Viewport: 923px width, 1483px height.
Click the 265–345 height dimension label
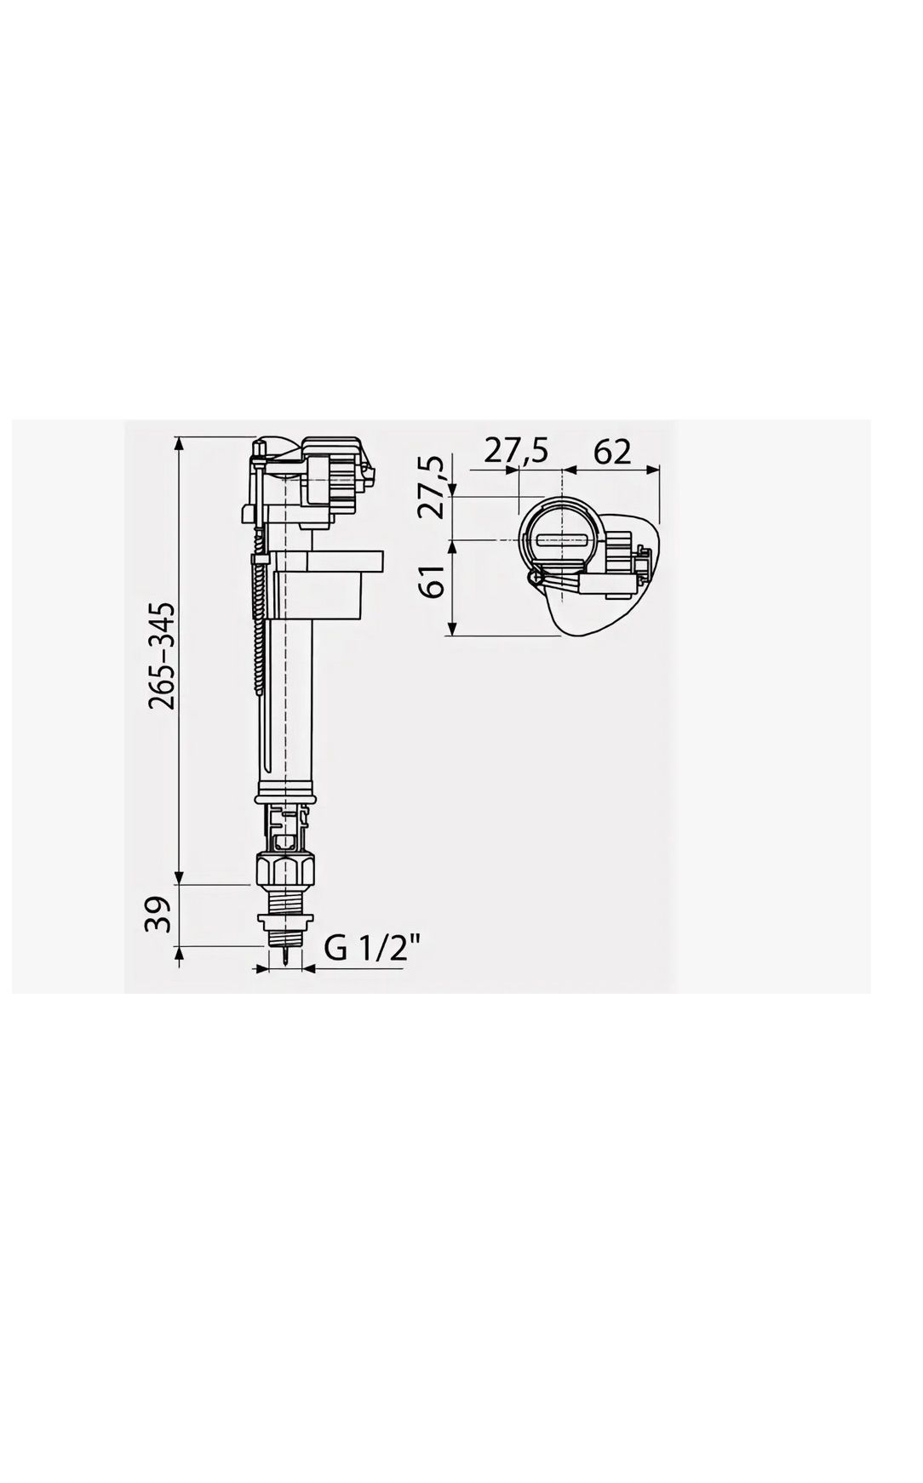[162, 655]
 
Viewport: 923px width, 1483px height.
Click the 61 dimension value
[435, 581]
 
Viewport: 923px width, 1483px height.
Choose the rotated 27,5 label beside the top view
[433, 487]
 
